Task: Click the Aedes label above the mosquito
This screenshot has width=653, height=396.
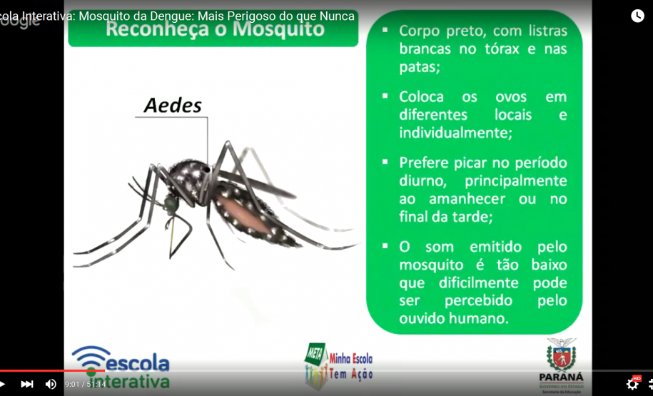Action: click(173, 106)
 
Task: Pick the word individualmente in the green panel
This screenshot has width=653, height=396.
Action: click(455, 133)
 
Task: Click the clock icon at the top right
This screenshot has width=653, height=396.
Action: click(637, 16)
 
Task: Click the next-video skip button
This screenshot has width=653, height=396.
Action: click(27, 384)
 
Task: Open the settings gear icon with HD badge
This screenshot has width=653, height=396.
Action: click(632, 384)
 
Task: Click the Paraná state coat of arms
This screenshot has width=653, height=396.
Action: click(561, 354)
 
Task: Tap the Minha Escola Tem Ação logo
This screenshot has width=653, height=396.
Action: click(339, 365)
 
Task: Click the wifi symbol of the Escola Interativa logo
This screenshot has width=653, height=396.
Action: click(91, 357)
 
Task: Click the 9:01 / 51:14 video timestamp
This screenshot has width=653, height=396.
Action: click(85, 384)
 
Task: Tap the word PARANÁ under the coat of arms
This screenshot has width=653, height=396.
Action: click(561, 377)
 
